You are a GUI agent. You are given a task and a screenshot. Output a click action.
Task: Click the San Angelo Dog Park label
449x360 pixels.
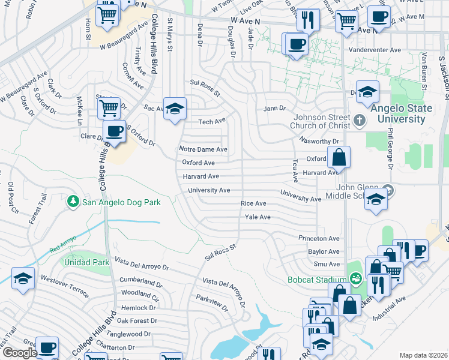(121, 202)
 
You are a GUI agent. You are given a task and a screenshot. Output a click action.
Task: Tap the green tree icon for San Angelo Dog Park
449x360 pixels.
(73, 202)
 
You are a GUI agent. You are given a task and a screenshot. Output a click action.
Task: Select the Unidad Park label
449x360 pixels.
(84, 262)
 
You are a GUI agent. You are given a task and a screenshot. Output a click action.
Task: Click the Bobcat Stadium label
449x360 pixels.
(325, 280)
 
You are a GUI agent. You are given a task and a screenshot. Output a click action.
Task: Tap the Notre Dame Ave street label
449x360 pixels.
(203, 149)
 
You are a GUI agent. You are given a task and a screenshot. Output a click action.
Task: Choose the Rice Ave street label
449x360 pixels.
(253, 204)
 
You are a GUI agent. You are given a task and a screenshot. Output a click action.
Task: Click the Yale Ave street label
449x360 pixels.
(258, 217)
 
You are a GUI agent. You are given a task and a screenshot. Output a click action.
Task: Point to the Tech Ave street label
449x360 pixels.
(211, 122)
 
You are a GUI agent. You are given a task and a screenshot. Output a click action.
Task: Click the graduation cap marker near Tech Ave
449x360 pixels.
(174, 109)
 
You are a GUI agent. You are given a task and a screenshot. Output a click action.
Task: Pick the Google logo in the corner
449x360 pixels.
(20, 353)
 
